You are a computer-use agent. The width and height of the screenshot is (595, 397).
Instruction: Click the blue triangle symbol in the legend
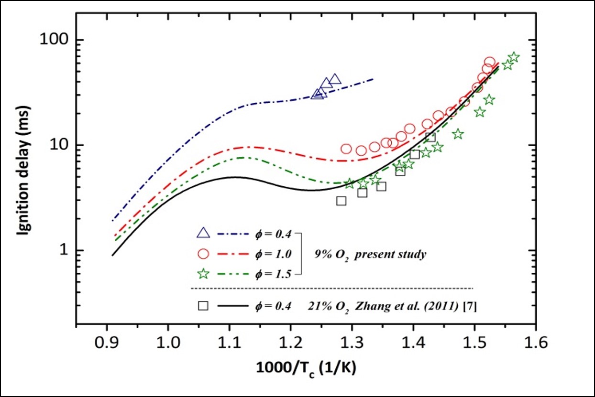click(x=203, y=234)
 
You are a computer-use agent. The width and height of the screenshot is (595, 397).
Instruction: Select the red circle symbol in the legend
click(x=203, y=254)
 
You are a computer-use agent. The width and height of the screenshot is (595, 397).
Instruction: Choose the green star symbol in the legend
click(x=203, y=274)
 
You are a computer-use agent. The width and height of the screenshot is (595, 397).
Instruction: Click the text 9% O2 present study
click(x=370, y=254)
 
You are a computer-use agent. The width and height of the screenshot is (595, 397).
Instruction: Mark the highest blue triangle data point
click(x=335, y=79)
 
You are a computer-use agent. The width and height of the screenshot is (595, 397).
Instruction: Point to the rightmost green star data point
click(x=514, y=57)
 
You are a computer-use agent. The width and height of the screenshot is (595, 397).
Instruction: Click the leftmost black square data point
click(x=341, y=201)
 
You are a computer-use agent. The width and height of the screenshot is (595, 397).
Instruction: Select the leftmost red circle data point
click(x=346, y=149)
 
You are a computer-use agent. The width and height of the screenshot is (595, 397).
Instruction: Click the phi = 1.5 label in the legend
click(x=274, y=274)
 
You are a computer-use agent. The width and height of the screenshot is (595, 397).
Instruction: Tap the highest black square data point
click(x=430, y=137)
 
